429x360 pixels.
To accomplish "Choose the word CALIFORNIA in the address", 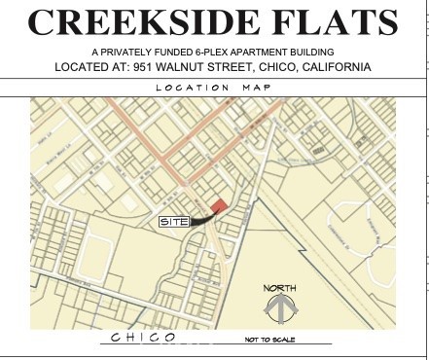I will pyautogui.click(x=335, y=66).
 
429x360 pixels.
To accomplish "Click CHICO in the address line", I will pyautogui.click(x=287, y=66).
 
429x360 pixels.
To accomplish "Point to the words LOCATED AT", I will pyautogui.click(x=99, y=66).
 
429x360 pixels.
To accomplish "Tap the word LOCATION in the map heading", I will pyautogui.click(x=192, y=88).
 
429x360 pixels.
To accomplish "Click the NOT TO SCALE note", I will pyautogui.click(x=268, y=340).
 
